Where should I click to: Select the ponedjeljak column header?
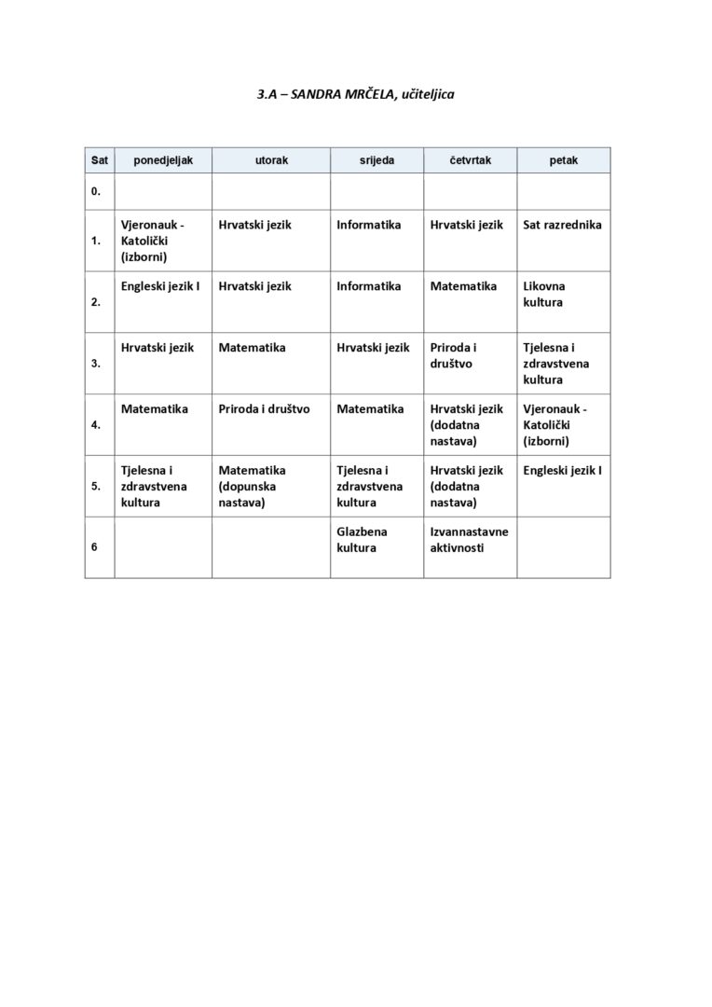pos(163,160)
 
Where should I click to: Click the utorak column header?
pos(271,160)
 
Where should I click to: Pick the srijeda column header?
pos(377,160)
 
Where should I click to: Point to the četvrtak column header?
pos(470,160)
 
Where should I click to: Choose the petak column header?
pos(563,160)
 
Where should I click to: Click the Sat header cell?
pos(99,160)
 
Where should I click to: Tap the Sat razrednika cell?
pos(562,225)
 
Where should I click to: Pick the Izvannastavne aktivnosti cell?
pos(469,540)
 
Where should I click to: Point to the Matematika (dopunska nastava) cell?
pos(252,487)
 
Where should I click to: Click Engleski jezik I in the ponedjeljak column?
pos(160,286)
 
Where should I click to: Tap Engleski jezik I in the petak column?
pos(562,470)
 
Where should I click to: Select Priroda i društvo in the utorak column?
pos(265,408)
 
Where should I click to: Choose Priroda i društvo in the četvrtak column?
pos(454,355)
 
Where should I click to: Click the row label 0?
pos(95,192)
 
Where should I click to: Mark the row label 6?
pos(95,547)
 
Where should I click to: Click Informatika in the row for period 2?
pos(369,286)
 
